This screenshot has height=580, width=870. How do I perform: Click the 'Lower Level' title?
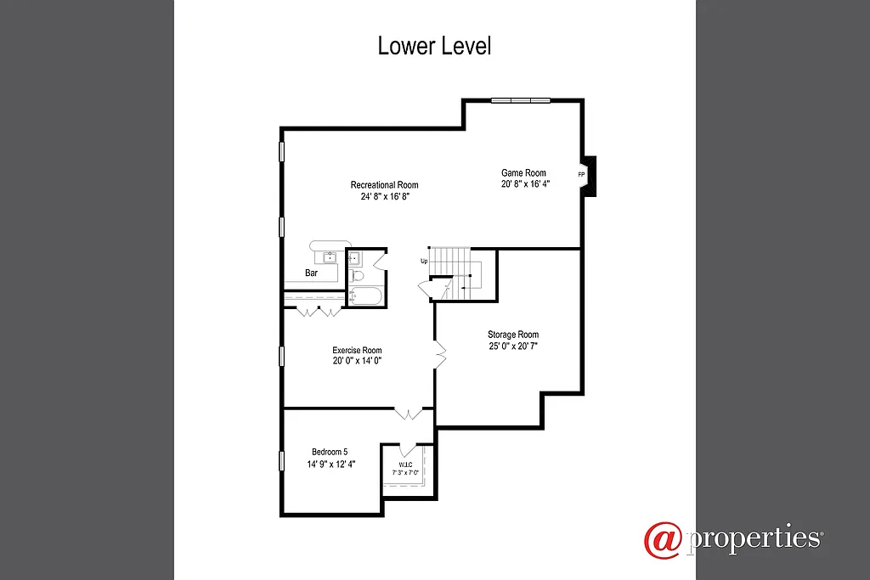[434, 46]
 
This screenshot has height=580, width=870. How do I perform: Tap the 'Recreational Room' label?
[384, 185]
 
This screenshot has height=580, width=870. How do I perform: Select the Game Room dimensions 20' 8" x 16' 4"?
[525, 183]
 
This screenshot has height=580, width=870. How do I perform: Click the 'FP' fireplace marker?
[581, 175]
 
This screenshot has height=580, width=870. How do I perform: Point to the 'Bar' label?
[311, 273]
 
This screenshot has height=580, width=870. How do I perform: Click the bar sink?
[330, 257]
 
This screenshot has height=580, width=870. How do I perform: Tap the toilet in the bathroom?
[358, 276]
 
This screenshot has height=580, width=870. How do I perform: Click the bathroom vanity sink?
[354, 259]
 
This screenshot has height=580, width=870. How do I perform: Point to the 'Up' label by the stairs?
[424, 261]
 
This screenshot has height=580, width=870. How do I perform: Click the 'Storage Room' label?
[512, 335]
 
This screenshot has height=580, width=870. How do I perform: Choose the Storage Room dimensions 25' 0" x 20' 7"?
[513, 346]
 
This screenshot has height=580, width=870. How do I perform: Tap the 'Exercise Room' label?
[357, 350]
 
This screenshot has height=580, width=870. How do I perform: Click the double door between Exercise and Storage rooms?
[440, 353]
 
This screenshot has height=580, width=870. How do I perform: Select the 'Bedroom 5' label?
[330, 452]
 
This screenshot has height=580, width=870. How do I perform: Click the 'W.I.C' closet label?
[405, 464]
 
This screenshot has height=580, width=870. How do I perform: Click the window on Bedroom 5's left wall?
[282, 460]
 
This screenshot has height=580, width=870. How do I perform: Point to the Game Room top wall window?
[521, 101]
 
